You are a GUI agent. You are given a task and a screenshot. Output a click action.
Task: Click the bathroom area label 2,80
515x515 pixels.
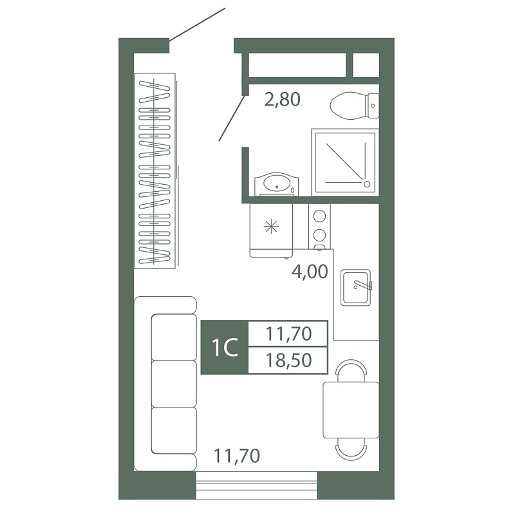(x=282, y=100)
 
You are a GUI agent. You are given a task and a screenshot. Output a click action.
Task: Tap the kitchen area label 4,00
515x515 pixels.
(x=310, y=272)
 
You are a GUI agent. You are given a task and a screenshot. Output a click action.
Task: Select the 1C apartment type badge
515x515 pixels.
(x=225, y=348)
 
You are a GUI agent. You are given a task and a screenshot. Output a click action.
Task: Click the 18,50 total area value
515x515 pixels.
(x=288, y=360)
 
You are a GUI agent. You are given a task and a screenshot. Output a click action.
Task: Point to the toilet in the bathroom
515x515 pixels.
(x=355, y=106)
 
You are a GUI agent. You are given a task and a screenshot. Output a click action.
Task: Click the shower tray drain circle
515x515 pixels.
(x=367, y=184)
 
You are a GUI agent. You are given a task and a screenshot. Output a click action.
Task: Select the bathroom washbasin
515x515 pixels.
(x=277, y=184)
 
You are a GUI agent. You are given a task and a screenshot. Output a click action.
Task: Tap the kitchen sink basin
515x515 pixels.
(x=356, y=288)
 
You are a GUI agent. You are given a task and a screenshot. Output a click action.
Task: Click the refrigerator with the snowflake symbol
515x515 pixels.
(x=271, y=230)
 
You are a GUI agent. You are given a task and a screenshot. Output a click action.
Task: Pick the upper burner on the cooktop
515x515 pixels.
(x=319, y=216)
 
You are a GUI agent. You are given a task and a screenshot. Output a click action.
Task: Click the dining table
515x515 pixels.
(x=351, y=410)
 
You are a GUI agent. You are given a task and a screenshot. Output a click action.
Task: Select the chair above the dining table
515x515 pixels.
(x=351, y=371)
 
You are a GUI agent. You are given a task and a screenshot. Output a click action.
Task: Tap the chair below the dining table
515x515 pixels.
(x=351, y=449)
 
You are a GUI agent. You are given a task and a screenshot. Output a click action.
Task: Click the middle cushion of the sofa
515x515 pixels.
(x=174, y=384)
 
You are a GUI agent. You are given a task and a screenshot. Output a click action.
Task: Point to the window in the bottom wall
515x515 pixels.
(x=256, y=485)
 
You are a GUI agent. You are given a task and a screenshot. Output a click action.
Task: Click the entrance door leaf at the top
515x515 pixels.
(x=197, y=24)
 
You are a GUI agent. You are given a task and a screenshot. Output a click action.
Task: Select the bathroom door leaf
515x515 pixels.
(x=232, y=118)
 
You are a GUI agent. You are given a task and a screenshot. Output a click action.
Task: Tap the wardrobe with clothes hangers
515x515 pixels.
(x=154, y=171)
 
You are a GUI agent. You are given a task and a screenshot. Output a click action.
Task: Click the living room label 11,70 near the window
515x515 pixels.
(x=237, y=456)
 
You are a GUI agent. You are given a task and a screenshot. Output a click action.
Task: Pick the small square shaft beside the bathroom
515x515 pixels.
(x=366, y=66)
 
